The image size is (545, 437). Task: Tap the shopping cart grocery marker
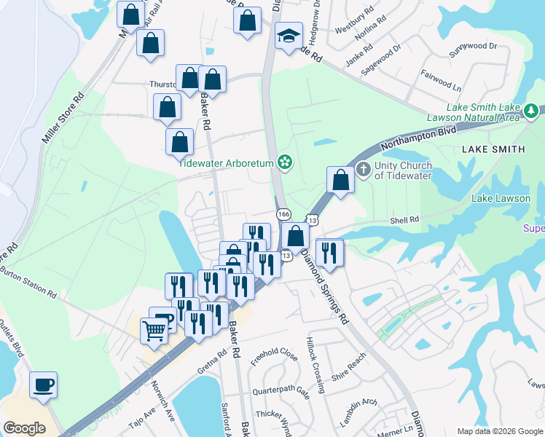pyautogui.click(x=154, y=331)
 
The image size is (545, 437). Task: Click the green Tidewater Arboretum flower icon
pyautogui.click(x=286, y=162)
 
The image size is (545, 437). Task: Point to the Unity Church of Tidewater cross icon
pyautogui.click(x=364, y=170)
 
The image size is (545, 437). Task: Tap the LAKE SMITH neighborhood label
pyautogui.click(x=493, y=149)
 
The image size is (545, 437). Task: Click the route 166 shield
pyautogui.click(x=283, y=213)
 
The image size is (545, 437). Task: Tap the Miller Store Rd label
pyautogui.click(x=63, y=118)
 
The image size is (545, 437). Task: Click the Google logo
pyautogui.click(x=25, y=428)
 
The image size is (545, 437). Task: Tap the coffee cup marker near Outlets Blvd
pyautogui.click(x=44, y=385)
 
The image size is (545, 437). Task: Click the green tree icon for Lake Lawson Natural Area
pyautogui.click(x=532, y=111)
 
